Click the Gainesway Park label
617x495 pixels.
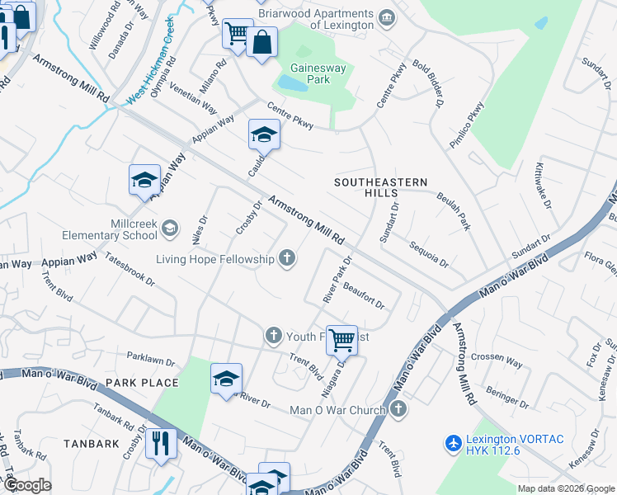[x=310, y=73]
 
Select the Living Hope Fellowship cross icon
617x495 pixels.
[x=287, y=259]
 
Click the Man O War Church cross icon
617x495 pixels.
[x=398, y=409]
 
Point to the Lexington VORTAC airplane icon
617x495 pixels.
[x=452, y=443]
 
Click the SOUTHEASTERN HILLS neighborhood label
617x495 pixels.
[x=380, y=186]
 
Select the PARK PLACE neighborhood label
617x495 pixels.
[x=142, y=383]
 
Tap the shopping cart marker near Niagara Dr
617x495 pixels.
[x=341, y=339]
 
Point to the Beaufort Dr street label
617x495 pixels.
[x=364, y=295]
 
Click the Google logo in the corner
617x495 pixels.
[x=26, y=484]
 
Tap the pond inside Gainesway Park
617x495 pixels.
[x=292, y=83]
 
